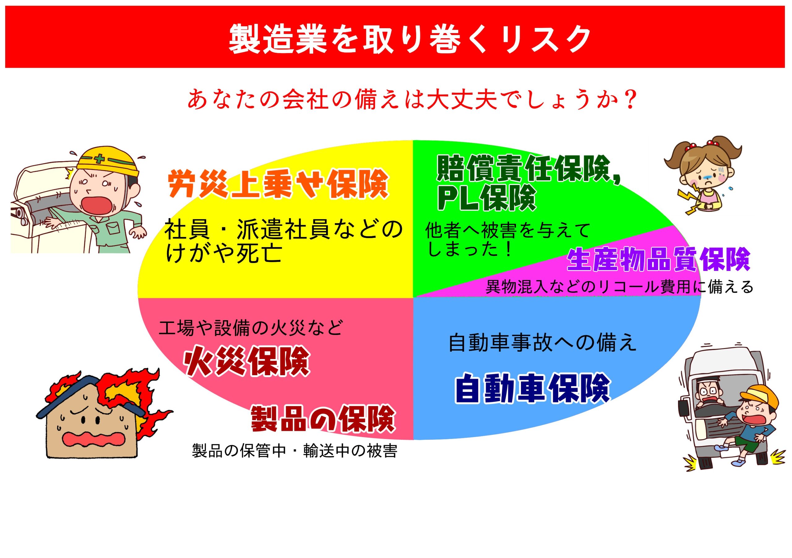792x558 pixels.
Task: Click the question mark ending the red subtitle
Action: (630, 100)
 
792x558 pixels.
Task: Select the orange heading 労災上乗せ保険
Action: (278, 184)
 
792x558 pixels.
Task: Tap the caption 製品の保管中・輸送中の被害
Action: (295, 451)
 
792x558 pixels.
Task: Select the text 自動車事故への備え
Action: (542, 343)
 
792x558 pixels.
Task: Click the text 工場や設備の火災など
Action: (251, 328)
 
